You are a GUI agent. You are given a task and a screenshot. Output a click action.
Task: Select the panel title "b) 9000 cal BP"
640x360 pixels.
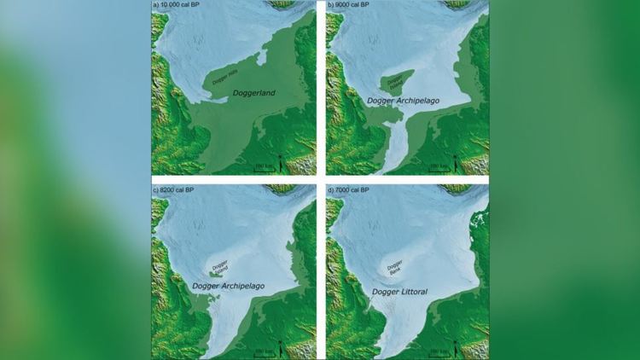(351, 6)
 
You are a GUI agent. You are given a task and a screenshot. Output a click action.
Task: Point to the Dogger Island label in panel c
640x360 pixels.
(221, 265)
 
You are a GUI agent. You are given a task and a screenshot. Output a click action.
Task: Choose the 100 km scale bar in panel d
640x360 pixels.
(436, 351)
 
